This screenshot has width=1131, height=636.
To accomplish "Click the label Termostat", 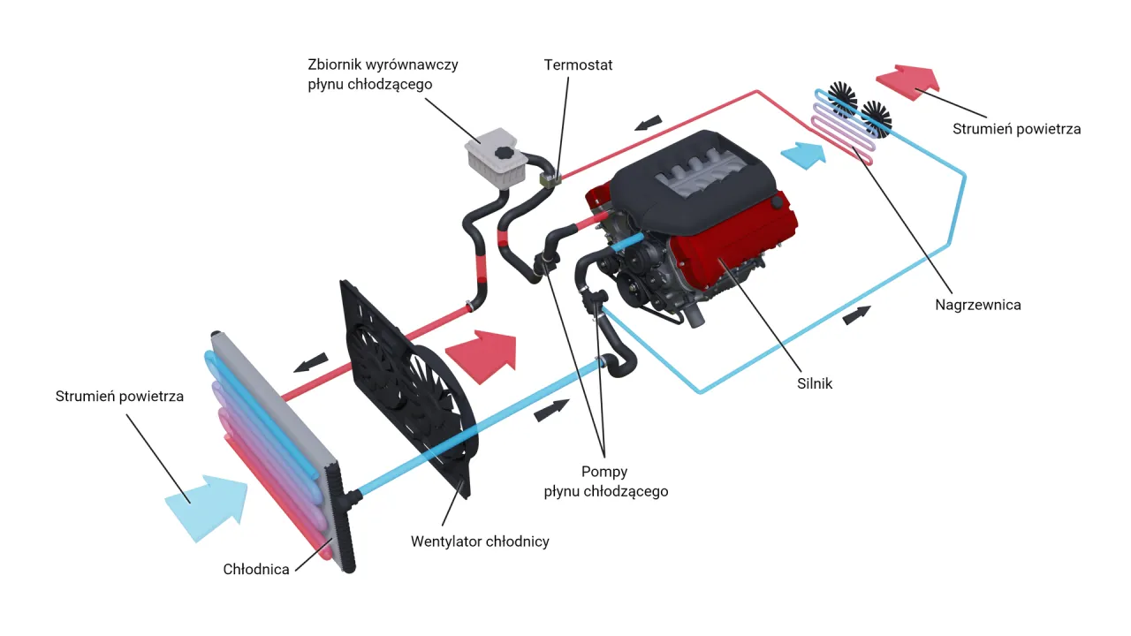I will pos(578,64).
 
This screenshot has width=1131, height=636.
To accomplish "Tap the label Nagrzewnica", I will pos(977,305).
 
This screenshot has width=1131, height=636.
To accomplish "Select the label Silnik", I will pos(814,383).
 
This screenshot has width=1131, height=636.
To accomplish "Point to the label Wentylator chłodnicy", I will pos(480,541).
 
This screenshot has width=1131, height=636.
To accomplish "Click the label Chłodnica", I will pos(256,569).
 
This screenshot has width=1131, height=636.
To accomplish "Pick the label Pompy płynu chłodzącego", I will pos(605,481).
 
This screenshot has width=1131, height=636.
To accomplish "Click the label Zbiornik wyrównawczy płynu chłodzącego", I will pos(383,74).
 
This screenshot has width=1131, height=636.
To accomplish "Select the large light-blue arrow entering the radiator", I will pos(208,507).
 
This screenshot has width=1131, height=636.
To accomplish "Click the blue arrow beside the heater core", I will pos(805,155).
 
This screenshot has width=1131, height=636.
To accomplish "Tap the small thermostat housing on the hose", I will pos(550,179).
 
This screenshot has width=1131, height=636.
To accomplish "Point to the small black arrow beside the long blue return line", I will pos(856,314).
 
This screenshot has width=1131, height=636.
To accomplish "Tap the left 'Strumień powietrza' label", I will pos(119,396).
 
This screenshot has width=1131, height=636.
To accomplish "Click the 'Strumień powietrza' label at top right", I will pos(1016,128).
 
